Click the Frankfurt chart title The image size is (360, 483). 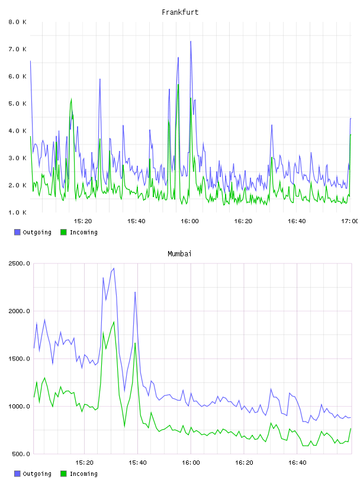[180, 12]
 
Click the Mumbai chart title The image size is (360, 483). [179, 254]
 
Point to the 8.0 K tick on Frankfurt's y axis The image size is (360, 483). [17, 22]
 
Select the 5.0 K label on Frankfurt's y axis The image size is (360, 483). [17, 104]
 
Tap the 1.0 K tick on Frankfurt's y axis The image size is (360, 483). [17, 212]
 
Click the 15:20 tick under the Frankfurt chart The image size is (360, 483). [83, 221]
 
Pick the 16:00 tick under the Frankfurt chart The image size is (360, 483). [189, 221]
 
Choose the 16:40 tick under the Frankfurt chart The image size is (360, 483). [297, 221]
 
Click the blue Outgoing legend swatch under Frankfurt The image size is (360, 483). [17, 232]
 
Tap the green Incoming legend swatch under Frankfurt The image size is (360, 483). [63, 232]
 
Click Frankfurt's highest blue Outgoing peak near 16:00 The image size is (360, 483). [191, 41]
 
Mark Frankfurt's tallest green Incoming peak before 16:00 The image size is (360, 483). [178, 85]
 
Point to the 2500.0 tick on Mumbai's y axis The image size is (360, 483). [19, 263]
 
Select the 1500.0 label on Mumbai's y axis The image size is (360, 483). [19, 359]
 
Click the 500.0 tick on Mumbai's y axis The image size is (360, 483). [19, 454]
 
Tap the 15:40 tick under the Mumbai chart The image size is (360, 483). [137, 463]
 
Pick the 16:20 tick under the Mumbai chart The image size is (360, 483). [244, 463]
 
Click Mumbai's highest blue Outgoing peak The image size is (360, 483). [114, 268]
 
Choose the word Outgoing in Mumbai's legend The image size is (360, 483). [37, 474]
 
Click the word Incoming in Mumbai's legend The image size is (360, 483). [83, 474]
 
